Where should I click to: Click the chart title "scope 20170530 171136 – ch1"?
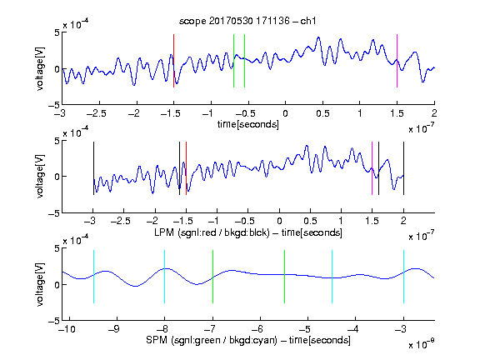click(x=247, y=21)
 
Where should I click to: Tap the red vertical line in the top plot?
click(x=173, y=61)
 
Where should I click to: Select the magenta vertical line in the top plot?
click(x=397, y=61)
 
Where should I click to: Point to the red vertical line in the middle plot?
click(x=186, y=168)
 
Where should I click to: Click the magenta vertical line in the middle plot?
click(x=372, y=168)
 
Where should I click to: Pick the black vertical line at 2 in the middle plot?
click(x=403, y=168)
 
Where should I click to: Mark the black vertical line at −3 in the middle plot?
click(x=93, y=168)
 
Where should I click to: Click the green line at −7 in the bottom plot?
click(x=212, y=277)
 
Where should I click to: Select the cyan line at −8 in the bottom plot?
click(x=165, y=277)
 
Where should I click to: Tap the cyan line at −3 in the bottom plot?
click(x=403, y=277)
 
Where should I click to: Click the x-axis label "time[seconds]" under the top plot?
click(x=248, y=125)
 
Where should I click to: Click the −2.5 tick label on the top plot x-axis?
click(x=96, y=113)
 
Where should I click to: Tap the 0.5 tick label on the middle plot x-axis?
click(x=310, y=221)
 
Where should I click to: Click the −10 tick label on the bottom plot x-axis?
click(x=67, y=329)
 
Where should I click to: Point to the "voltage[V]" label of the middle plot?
click(x=40, y=177)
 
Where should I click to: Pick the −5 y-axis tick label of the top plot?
click(x=54, y=105)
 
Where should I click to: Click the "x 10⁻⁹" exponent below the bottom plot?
click(x=421, y=343)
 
